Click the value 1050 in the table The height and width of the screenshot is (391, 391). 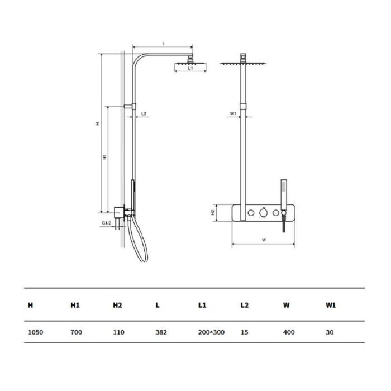pos(35,332)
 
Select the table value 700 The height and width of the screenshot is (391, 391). pos(76,332)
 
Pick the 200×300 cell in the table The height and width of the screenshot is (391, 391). pos(211,332)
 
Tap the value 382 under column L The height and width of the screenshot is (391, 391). pos(161,332)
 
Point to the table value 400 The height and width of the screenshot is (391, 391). pos(289,332)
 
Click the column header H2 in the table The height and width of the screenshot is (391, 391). pos(117,305)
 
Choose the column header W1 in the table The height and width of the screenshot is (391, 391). pos(331,305)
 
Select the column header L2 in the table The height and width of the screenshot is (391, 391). pos(245,305)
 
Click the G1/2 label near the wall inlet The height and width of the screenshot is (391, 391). pos(106,223)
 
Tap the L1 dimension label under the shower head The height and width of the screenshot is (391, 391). pos(190,68)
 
